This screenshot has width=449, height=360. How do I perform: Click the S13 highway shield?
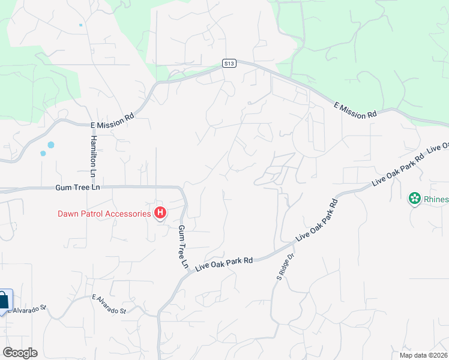click(x=228, y=62)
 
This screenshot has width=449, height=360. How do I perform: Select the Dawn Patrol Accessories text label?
click(x=104, y=214)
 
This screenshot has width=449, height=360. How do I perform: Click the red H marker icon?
click(x=160, y=212)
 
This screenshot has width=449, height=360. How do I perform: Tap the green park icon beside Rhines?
click(x=414, y=199)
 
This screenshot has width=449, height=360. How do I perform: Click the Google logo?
click(x=20, y=353)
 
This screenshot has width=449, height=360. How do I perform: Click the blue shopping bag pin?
click(x=3, y=301)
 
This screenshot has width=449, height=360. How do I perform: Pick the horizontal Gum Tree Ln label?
click(x=77, y=188)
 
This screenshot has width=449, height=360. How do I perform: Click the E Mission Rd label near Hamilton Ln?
click(x=112, y=122)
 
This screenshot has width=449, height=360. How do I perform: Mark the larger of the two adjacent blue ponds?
click(x=50, y=145)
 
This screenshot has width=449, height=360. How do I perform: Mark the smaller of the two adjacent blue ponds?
click(x=43, y=154)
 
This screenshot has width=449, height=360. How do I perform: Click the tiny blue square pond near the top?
click(x=80, y=25)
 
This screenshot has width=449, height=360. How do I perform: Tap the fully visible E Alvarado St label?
click(x=109, y=304)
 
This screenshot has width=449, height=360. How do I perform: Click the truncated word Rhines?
click(x=435, y=199)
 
